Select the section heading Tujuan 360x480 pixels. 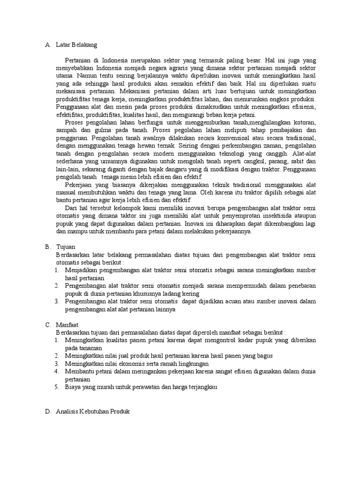pos(66,247)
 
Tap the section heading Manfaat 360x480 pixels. pos(67,324)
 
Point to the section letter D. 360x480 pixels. pos(48,411)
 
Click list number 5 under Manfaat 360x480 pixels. pos(56,387)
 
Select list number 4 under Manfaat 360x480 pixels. pos(56,371)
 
